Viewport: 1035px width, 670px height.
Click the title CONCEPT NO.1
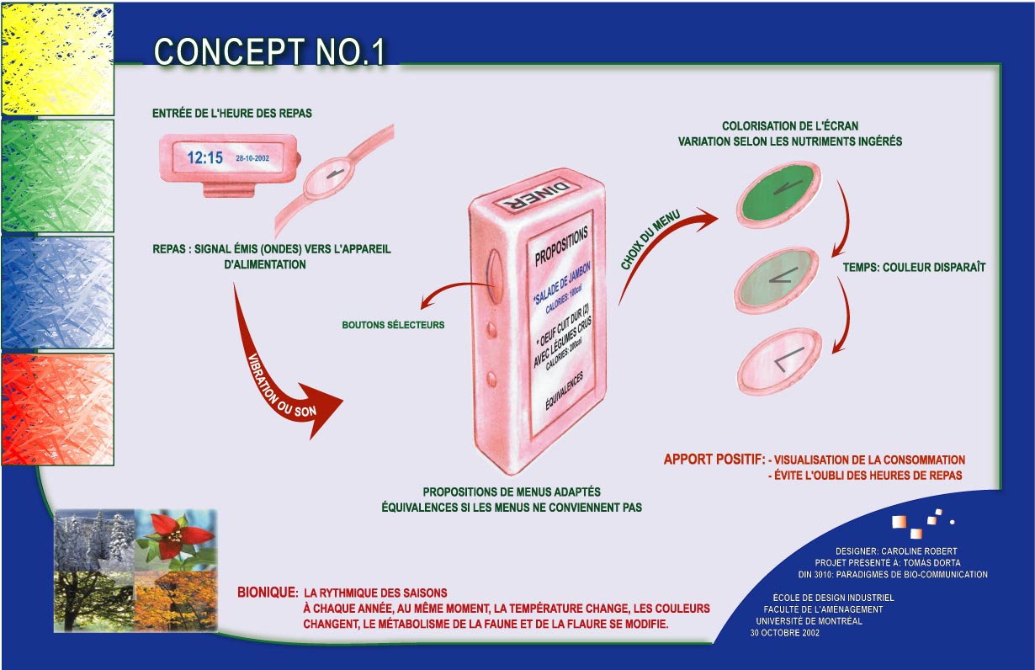click(269, 51)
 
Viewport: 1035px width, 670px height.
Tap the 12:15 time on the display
click(204, 157)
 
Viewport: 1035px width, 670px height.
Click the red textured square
click(57, 409)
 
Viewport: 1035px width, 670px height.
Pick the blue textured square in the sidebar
click(57, 292)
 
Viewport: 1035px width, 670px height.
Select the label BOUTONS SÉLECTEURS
click(392, 324)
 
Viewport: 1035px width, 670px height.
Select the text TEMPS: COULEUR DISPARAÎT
click(914, 268)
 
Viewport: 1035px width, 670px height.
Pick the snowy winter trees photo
click(94, 539)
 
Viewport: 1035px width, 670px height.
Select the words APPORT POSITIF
click(714, 460)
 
